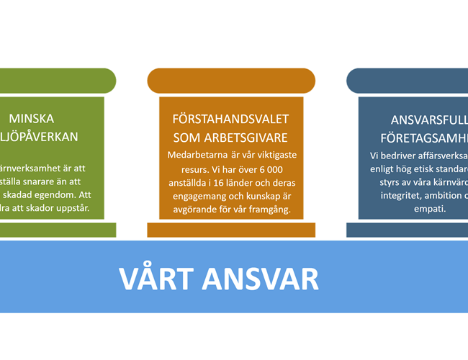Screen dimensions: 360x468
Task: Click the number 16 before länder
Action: tap(216, 183)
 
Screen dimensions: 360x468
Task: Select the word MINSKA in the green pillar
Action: tap(31, 119)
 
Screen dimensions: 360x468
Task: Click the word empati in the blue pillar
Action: tap(430, 210)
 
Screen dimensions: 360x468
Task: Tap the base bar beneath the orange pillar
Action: tap(231, 230)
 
